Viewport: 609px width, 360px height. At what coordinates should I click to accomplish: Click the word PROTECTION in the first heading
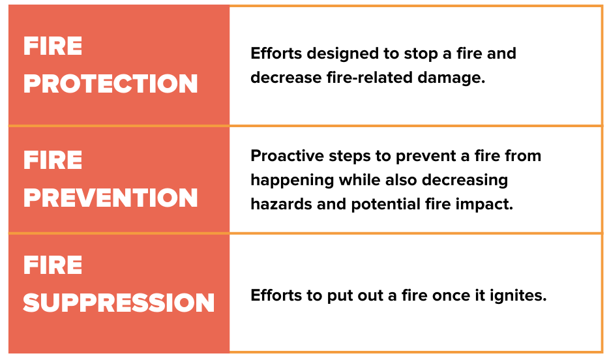point(111,83)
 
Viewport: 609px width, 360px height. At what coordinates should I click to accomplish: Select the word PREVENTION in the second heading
point(111,197)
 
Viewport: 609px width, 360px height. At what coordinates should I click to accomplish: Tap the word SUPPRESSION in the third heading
point(119,303)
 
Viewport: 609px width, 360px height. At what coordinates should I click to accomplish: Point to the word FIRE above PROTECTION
point(53,46)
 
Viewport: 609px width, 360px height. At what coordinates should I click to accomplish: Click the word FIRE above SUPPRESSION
point(53,265)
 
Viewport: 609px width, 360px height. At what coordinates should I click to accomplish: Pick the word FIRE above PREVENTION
point(53,160)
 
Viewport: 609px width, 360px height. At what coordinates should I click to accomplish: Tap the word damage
point(451,78)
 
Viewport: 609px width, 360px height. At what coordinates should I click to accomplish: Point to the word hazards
point(282,204)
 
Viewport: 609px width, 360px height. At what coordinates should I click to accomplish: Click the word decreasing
point(465,181)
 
